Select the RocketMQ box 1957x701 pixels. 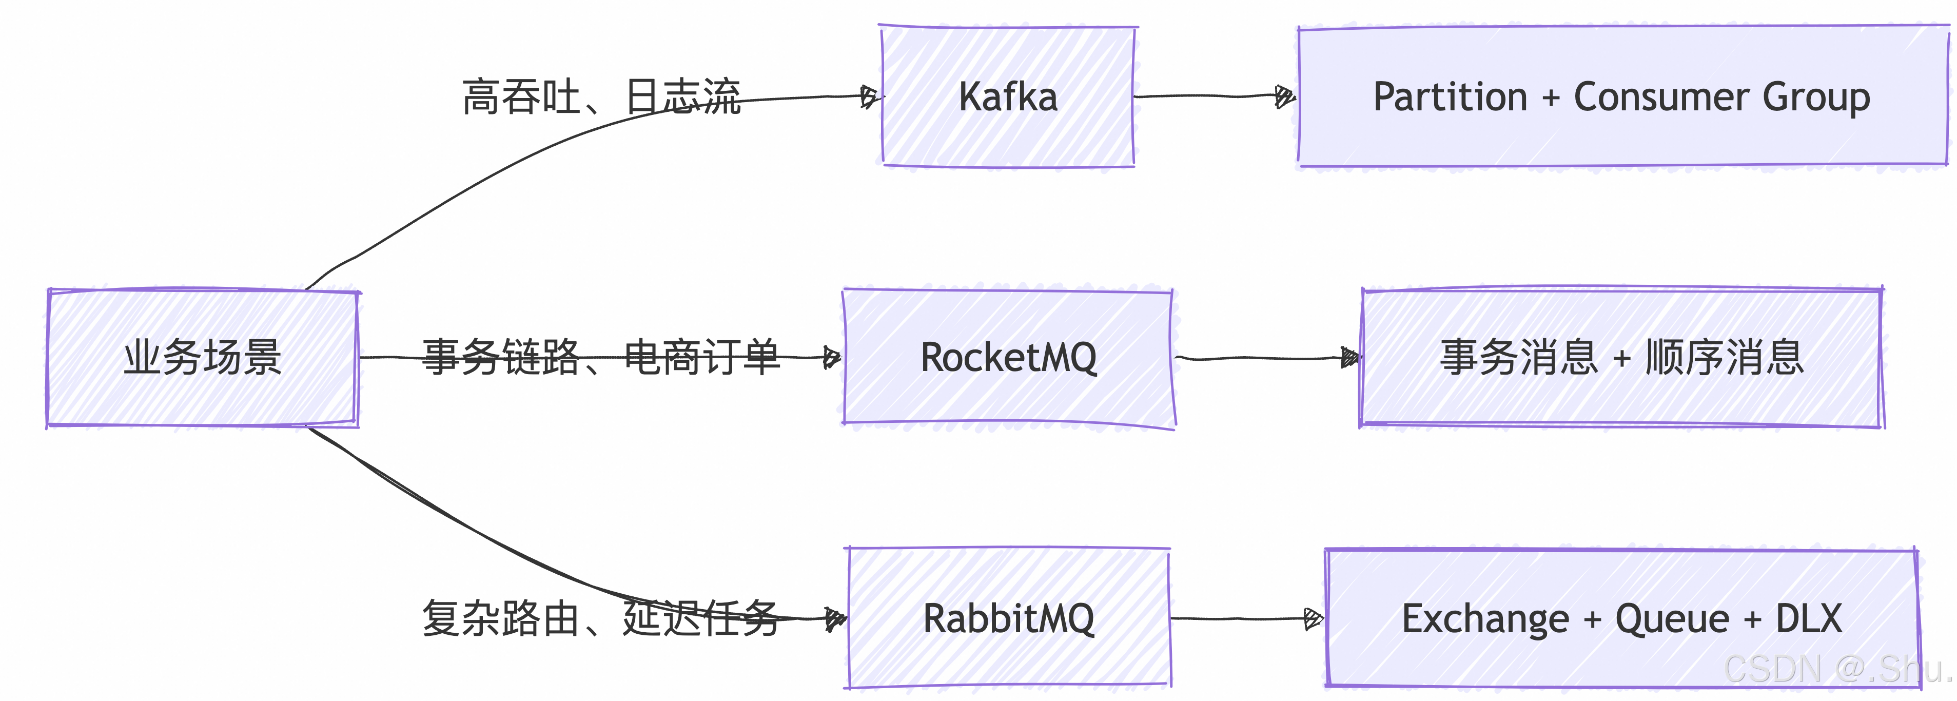(1008, 358)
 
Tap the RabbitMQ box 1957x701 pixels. (1008, 618)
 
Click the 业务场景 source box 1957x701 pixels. (202, 358)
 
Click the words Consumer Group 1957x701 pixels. (1721, 97)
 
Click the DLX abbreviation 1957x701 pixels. (1808, 618)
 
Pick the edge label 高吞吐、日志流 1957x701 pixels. (601, 97)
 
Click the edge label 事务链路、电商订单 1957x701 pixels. (601, 357)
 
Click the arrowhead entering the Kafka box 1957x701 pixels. (870, 96)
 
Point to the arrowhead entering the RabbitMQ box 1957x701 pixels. (836, 619)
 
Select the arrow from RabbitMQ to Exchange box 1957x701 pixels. (1246, 618)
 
